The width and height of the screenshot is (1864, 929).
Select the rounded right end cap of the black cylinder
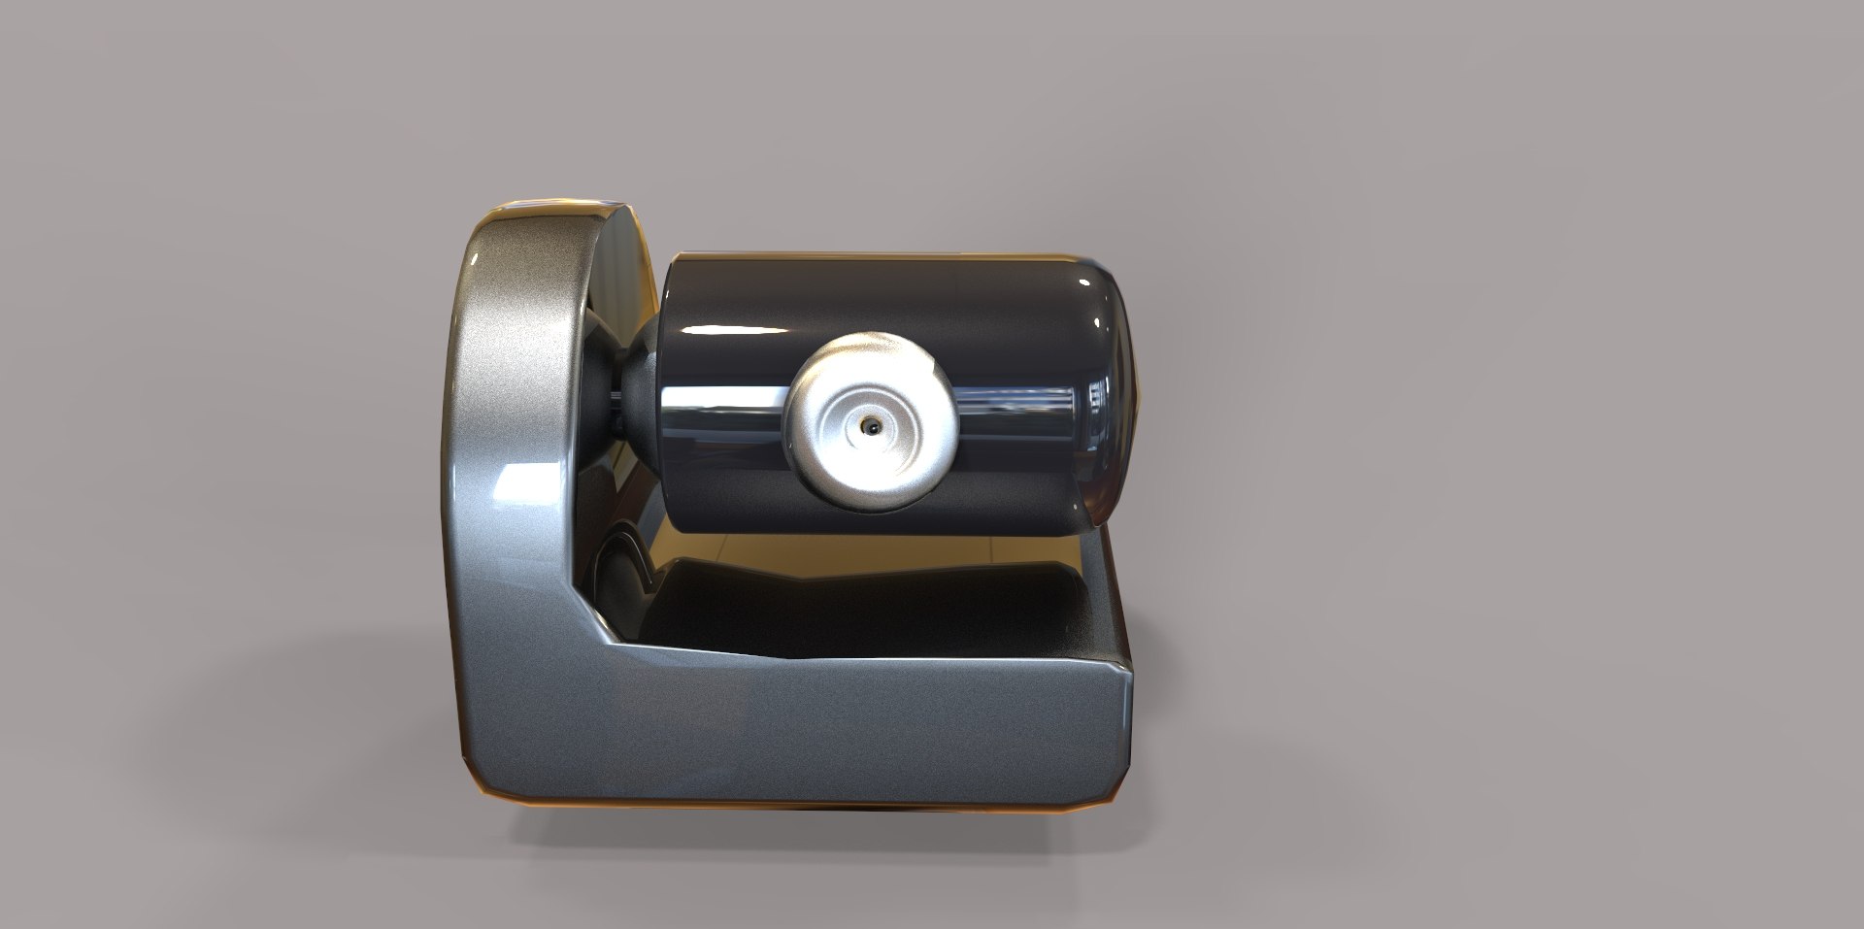[1116, 388]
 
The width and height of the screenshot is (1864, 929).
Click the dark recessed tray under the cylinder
[874, 602]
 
